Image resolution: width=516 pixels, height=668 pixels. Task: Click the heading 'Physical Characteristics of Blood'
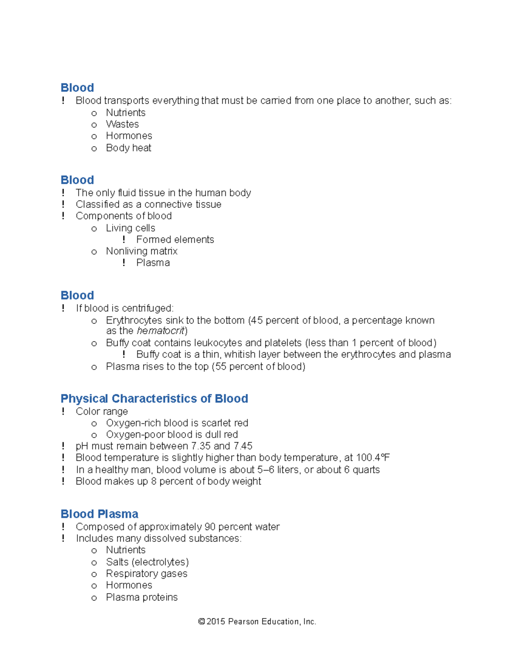(x=154, y=399)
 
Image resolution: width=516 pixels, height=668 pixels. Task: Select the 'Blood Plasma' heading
(x=99, y=514)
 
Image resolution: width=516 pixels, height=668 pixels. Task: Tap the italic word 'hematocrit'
(x=160, y=331)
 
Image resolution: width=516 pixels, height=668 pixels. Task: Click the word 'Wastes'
(x=123, y=124)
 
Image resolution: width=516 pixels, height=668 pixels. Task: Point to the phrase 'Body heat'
(x=129, y=148)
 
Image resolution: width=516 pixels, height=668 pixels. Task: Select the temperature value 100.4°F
(x=373, y=458)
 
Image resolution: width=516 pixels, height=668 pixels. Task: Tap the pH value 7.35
(x=201, y=446)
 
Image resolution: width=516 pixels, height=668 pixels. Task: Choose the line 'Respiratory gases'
(x=147, y=574)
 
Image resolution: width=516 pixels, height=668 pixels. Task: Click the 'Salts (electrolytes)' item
(x=147, y=562)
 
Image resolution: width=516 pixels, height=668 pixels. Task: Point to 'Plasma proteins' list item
(x=142, y=597)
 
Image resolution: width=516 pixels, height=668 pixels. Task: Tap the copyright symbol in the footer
(x=201, y=622)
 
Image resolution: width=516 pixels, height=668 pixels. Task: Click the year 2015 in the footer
(x=216, y=622)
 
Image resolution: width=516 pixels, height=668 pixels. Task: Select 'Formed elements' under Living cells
(x=175, y=240)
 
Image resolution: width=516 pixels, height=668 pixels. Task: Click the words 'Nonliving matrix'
(x=141, y=251)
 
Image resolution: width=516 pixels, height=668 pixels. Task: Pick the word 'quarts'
(x=366, y=470)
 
